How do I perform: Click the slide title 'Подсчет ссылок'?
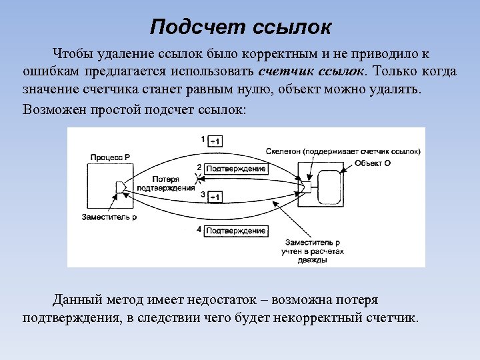(240, 27)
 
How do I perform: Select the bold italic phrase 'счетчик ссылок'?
(311, 71)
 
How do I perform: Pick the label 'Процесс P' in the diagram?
(110, 156)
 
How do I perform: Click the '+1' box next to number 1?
(215, 141)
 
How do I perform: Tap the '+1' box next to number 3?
(215, 197)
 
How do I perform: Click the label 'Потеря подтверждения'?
(164, 183)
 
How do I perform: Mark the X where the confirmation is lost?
(196, 179)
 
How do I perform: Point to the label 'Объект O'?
(373, 163)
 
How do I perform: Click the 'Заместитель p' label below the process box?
(109, 217)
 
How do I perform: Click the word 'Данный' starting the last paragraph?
(75, 299)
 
